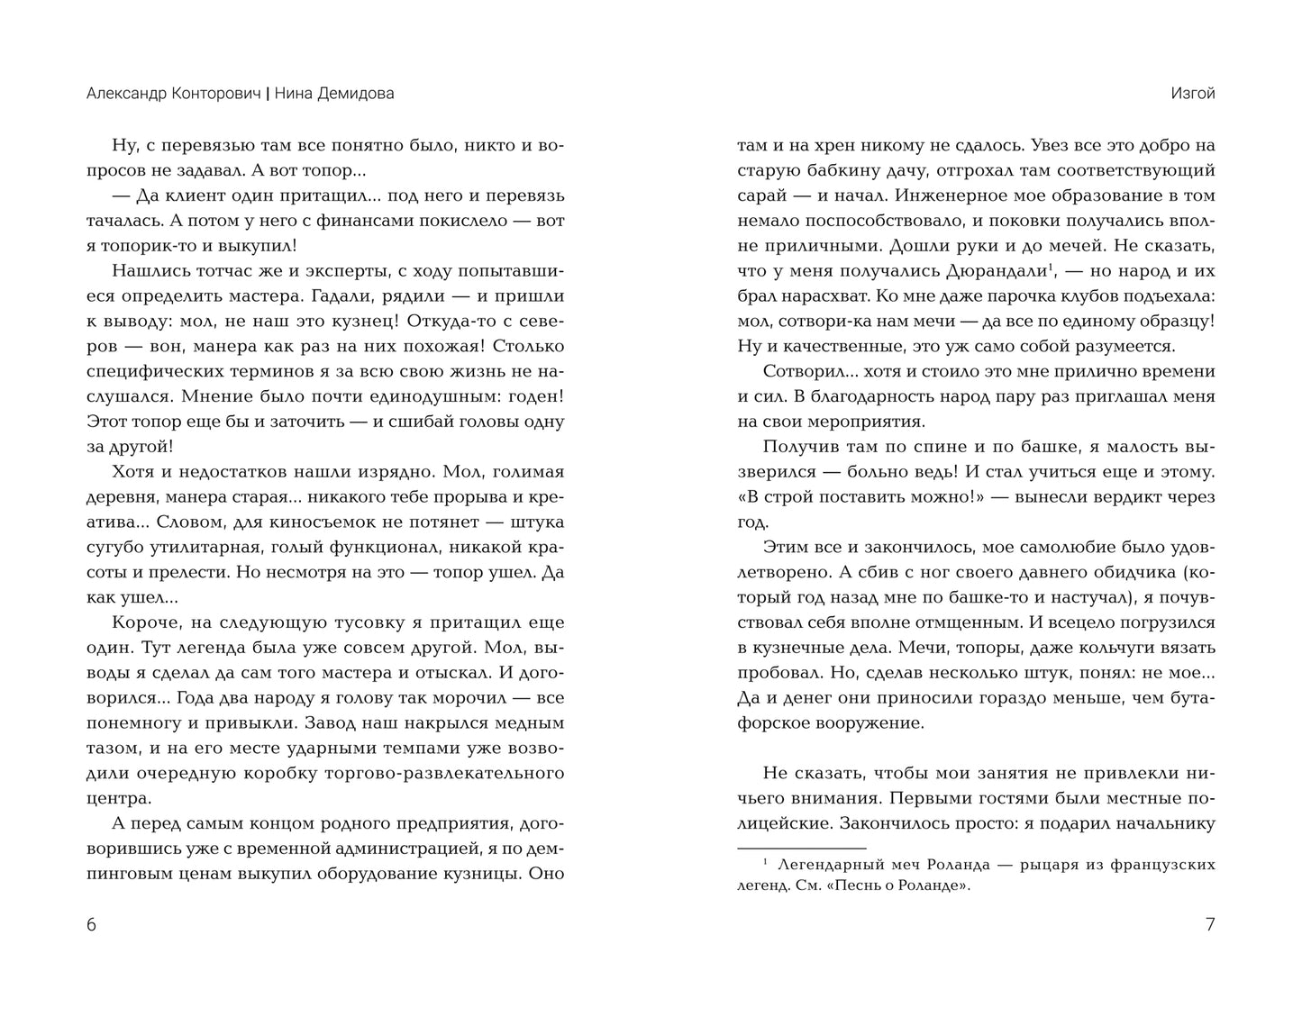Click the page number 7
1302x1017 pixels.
pyautogui.click(x=1209, y=925)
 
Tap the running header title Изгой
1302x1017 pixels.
pyautogui.click(x=1193, y=94)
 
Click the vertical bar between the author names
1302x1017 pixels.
pyautogui.click(x=268, y=94)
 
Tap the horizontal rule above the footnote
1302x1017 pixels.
pyautogui.click(x=801, y=848)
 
